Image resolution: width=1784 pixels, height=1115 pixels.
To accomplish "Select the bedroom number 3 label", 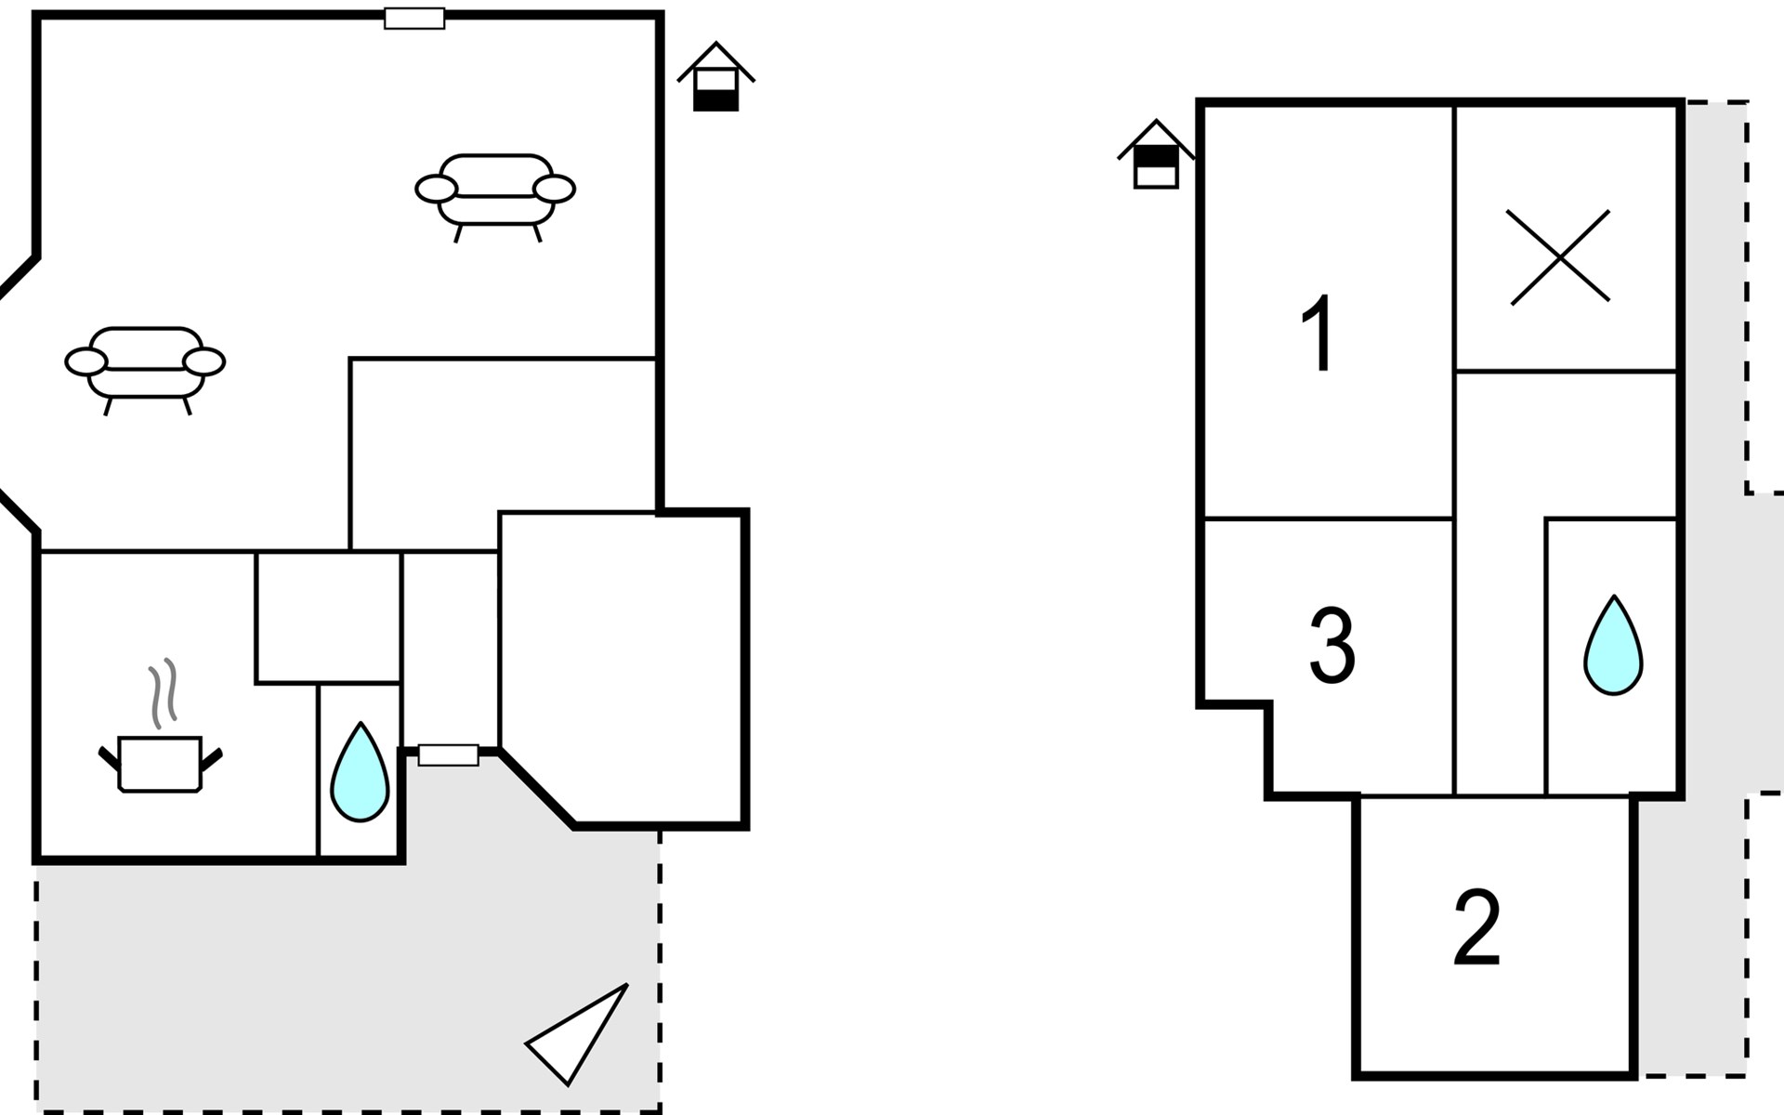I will [1331, 646].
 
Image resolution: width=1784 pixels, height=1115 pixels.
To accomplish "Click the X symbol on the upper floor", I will [1559, 256].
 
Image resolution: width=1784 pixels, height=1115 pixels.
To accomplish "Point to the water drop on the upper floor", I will [1613, 646].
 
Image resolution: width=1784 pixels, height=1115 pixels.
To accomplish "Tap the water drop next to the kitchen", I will [360, 773].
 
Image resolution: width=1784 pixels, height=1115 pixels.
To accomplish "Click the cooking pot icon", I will [160, 764].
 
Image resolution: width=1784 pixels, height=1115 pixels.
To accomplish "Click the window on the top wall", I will [414, 19].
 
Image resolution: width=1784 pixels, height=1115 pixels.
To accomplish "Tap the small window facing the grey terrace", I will [448, 755].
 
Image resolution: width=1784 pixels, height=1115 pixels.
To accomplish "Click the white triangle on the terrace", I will [578, 1033].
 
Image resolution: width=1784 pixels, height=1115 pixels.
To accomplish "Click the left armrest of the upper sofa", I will [436, 189].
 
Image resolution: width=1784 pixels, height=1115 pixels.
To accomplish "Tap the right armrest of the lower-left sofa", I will [204, 361].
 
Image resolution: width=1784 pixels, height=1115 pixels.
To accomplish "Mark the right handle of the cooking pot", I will [212, 758].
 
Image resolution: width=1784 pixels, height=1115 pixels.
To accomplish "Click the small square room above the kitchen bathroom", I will [328, 618].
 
